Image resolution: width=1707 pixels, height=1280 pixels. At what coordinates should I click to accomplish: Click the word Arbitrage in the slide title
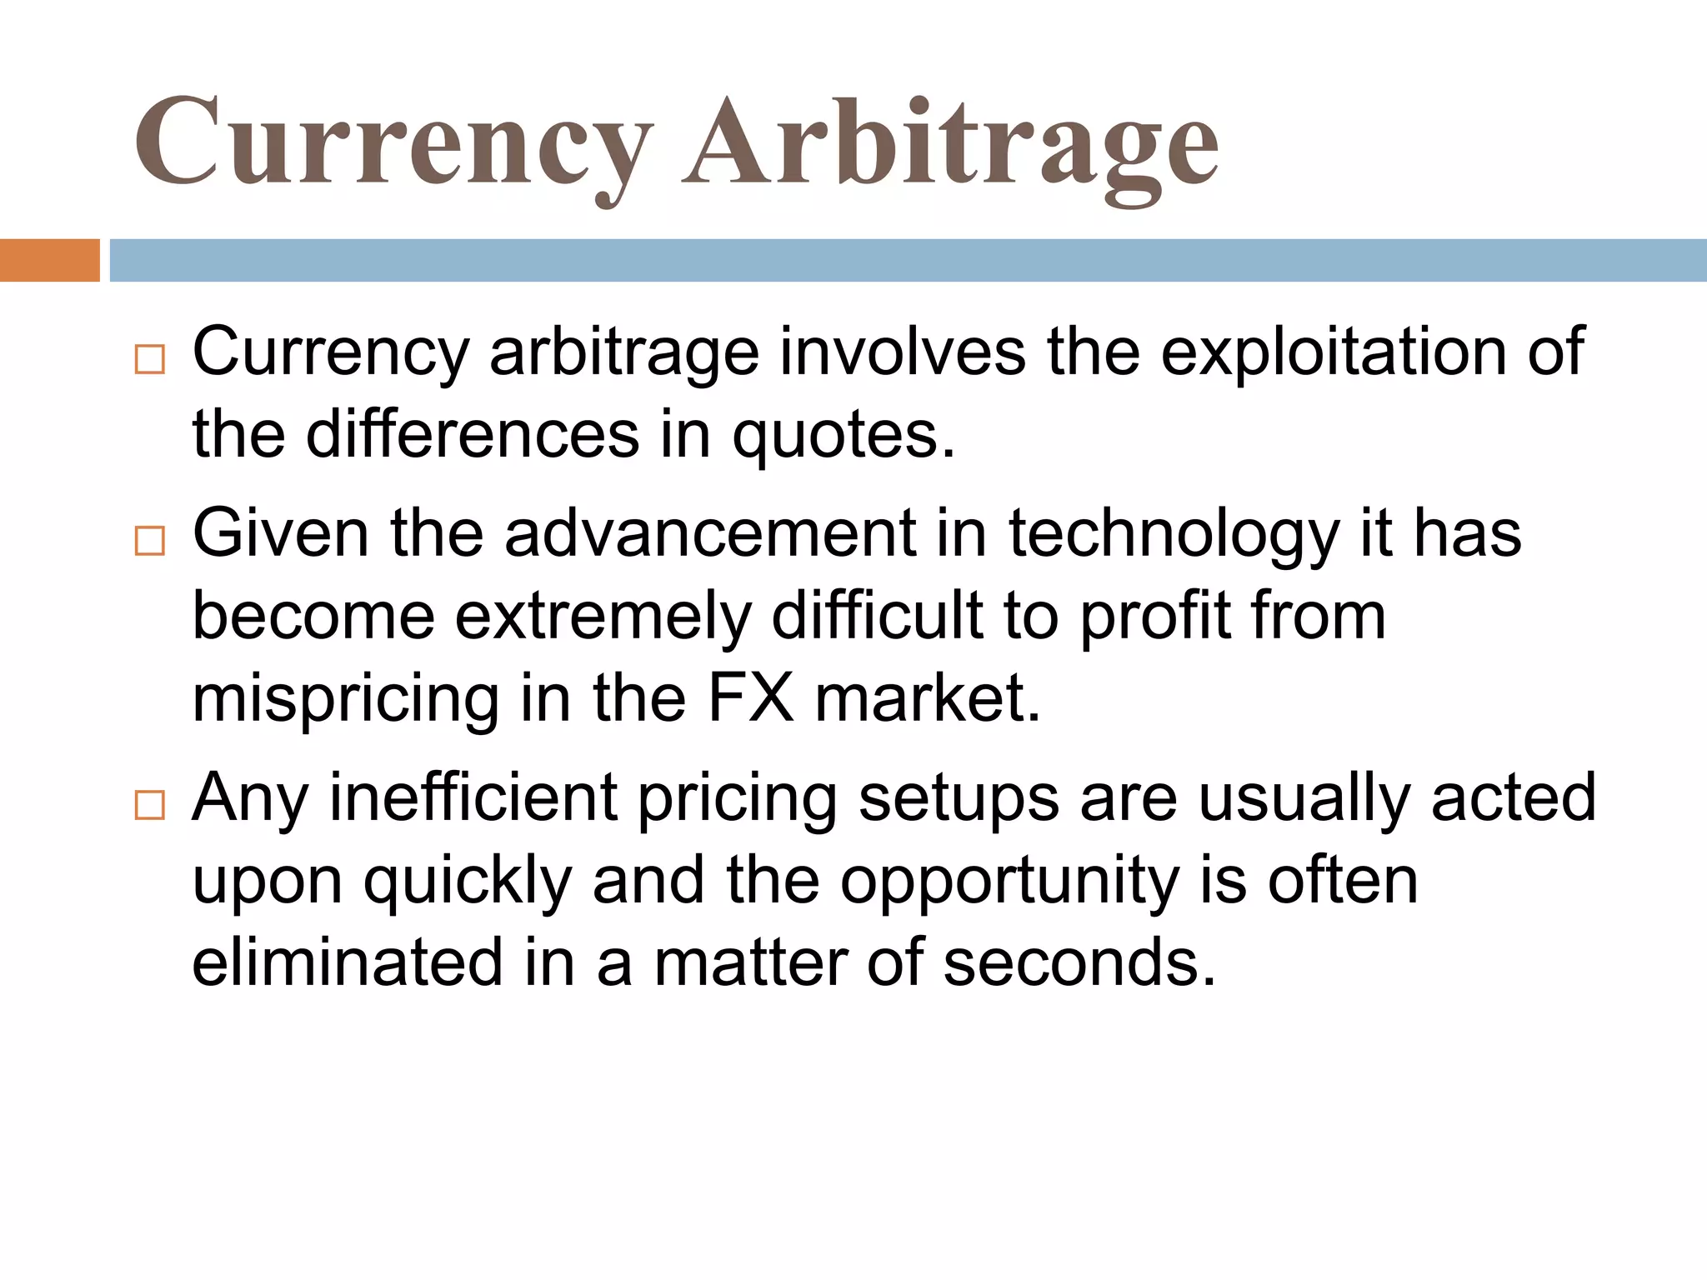[950, 143]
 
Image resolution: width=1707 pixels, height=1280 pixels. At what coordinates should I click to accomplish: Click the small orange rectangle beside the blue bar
[49, 260]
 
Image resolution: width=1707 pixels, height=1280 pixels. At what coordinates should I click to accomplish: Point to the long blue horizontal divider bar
[908, 260]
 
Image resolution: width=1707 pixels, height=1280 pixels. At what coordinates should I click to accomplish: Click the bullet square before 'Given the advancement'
[150, 541]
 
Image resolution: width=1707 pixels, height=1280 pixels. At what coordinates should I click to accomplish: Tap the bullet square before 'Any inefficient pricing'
[150, 805]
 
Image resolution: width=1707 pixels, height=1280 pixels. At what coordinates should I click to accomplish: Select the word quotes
[843, 435]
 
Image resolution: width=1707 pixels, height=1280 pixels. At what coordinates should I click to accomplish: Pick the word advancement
[709, 533]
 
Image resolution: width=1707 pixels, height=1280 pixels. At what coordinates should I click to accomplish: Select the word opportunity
[1009, 882]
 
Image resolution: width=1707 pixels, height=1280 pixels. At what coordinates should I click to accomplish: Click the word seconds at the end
[1079, 962]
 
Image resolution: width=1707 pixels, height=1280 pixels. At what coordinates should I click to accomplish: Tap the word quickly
[468, 882]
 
